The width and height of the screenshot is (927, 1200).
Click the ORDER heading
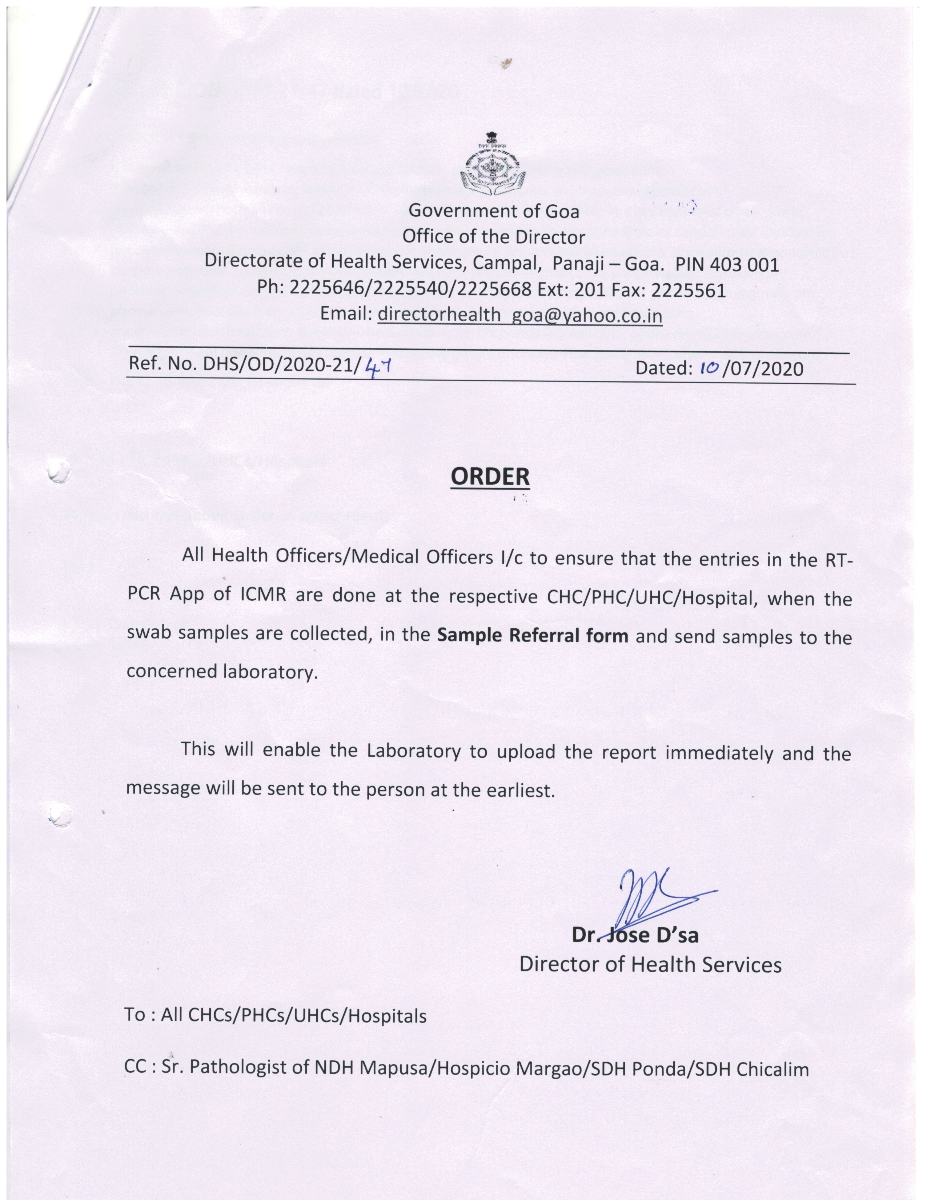point(490,476)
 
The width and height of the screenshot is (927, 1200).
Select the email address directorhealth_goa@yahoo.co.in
point(519,315)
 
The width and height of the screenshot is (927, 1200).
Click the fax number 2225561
point(688,289)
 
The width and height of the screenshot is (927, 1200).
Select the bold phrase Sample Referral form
point(533,636)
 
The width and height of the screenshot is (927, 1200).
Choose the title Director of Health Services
point(650,965)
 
